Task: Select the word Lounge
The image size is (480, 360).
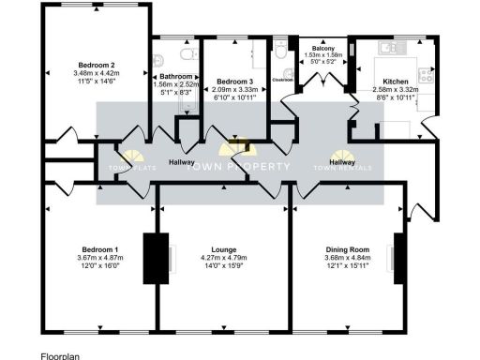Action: [x=223, y=249]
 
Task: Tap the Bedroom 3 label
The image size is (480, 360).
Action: [x=230, y=82]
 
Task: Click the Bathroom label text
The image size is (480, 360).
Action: [x=176, y=76]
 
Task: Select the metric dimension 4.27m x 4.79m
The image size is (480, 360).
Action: [x=223, y=258]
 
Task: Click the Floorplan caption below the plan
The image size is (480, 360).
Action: [x=61, y=355]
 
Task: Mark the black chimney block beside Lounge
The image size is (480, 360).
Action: [x=151, y=257]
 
